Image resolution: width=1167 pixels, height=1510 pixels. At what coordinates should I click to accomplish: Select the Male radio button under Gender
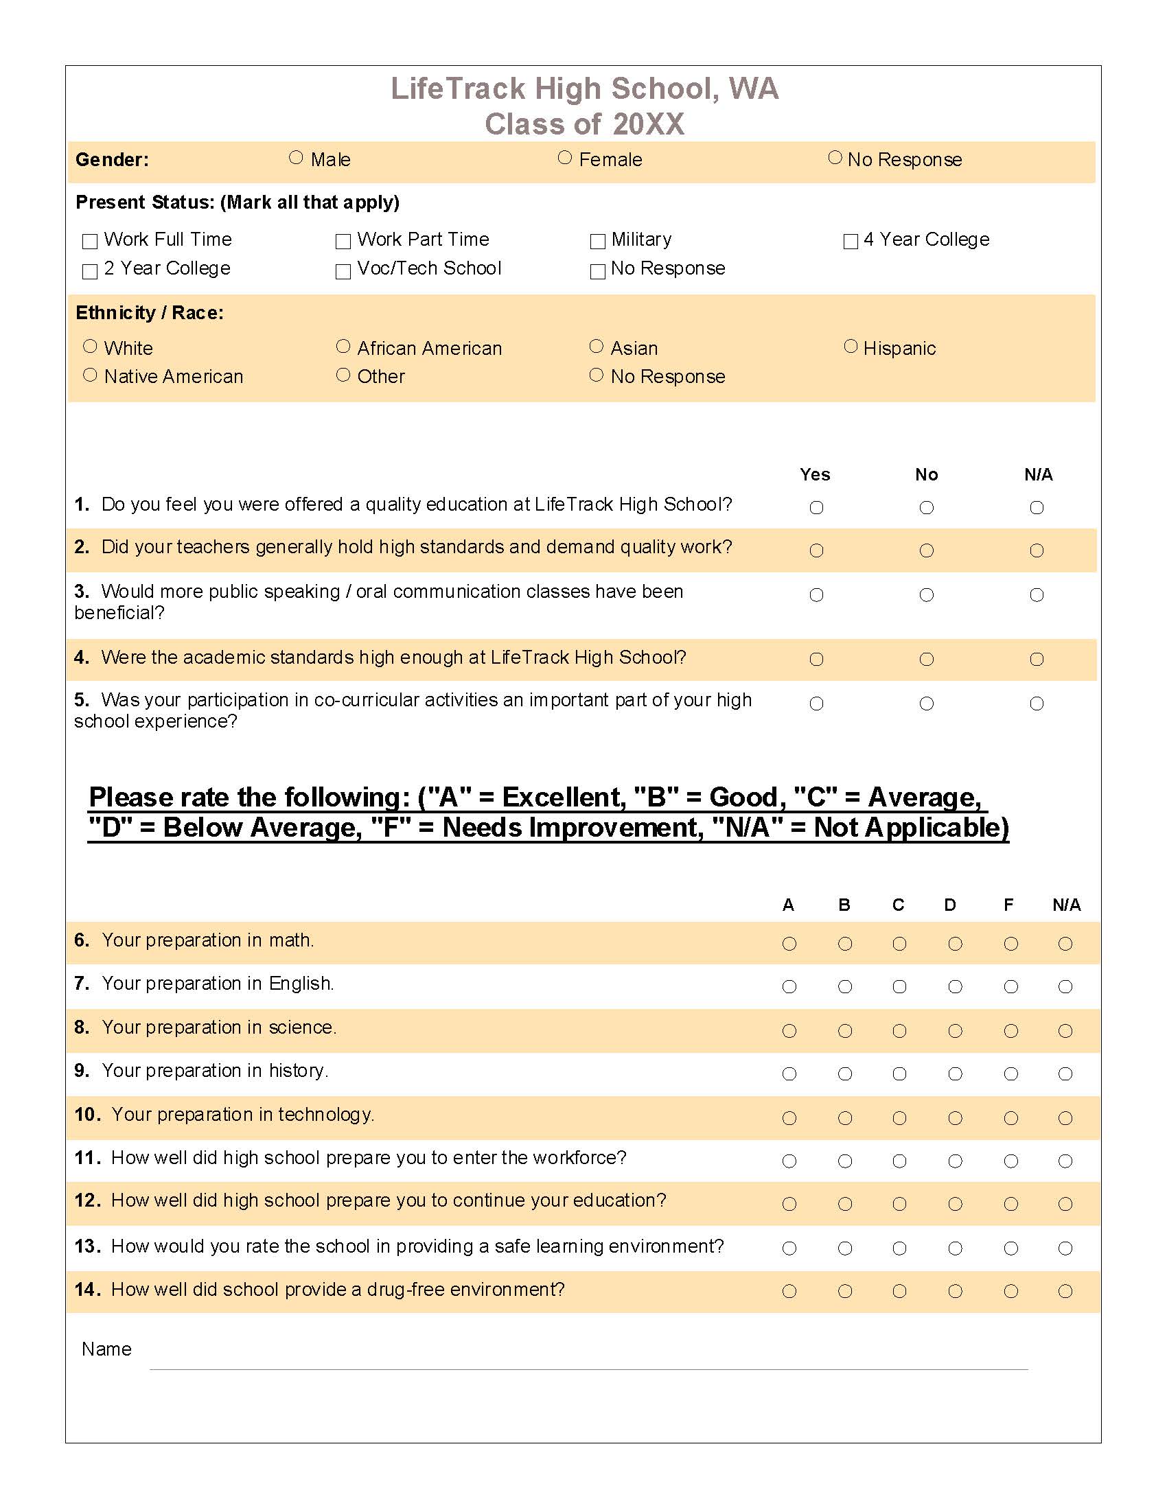[296, 158]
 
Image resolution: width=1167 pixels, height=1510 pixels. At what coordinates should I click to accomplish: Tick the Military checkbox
[597, 242]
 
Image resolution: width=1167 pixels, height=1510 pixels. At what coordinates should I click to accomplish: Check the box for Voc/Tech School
[343, 271]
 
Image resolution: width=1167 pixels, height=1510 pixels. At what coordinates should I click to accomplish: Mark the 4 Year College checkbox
[851, 242]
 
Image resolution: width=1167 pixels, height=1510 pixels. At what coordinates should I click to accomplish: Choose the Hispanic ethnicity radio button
[851, 346]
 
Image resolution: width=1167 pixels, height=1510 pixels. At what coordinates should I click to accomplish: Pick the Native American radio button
[90, 375]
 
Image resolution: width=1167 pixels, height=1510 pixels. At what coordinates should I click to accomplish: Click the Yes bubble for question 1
[816, 507]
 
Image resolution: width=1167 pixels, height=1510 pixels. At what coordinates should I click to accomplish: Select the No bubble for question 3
[927, 594]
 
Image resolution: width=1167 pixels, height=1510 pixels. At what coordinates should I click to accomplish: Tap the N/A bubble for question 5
[1037, 703]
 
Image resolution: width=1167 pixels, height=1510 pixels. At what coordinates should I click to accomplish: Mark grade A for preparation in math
[789, 944]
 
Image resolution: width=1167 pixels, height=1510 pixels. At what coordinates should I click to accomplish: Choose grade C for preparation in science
[899, 1031]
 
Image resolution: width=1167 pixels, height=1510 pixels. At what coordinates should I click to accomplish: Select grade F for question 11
[1010, 1161]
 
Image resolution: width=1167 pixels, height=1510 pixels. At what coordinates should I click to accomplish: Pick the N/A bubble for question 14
[1065, 1291]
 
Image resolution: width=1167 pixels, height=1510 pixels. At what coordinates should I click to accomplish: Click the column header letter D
[950, 905]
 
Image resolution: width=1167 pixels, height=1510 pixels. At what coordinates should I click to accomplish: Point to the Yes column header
[815, 474]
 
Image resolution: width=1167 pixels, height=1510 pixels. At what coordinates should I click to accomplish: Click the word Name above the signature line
[106, 1349]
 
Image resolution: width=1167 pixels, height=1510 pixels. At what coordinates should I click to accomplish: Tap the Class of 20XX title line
[584, 124]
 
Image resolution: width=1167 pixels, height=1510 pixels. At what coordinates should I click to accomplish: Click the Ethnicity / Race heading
[150, 312]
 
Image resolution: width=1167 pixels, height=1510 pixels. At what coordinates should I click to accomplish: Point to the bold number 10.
[87, 1114]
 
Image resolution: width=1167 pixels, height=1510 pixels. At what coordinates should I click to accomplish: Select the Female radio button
[565, 158]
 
